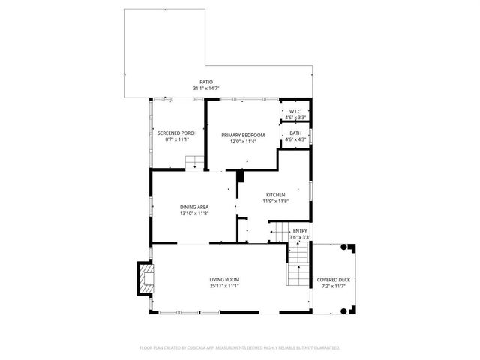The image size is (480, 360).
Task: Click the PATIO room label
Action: [x=205, y=82]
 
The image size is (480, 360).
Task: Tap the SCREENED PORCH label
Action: [x=176, y=133]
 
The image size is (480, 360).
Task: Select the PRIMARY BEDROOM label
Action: [x=239, y=135]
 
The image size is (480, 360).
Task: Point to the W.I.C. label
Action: [x=295, y=111]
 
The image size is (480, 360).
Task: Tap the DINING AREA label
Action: [x=193, y=207]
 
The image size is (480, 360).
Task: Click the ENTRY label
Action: [x=300, y=231]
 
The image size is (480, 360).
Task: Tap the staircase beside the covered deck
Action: [x=298, y=266]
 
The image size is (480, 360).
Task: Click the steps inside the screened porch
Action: [x=194, y=162]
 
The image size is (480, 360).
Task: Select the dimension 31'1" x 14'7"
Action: [x=205, y=88]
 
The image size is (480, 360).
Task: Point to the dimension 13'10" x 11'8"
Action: [x=193, y=214]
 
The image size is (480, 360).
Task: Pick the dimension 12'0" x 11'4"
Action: [x=239, y=142]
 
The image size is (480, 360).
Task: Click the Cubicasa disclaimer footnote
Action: [x=240, y=347]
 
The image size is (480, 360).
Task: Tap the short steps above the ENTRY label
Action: [x=279, y=232]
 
